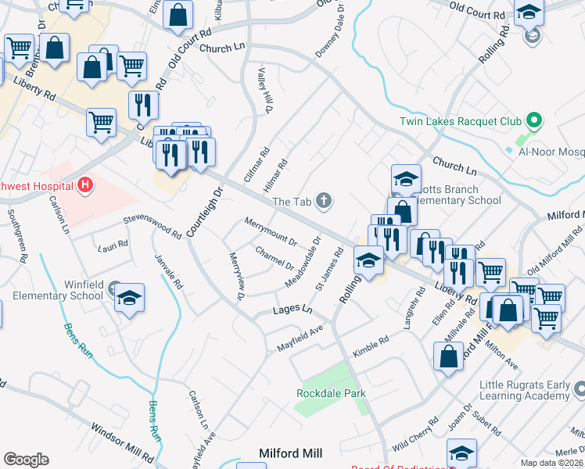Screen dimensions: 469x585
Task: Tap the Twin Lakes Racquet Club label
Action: click(x=460, y=121)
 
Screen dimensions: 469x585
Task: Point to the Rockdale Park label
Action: click(x=331, y=393)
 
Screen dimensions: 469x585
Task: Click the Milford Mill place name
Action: click(x=291, y=453)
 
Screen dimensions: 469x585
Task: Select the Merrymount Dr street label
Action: click(x=271, y=231)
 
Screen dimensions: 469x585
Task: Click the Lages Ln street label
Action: click(x=292, y=310)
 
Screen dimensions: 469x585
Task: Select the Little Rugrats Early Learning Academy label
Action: click(x=514, y=389)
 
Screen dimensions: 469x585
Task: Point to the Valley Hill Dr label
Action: click(x=263, y=98)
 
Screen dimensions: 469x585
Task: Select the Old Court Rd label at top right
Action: click(x=478, y=12)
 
